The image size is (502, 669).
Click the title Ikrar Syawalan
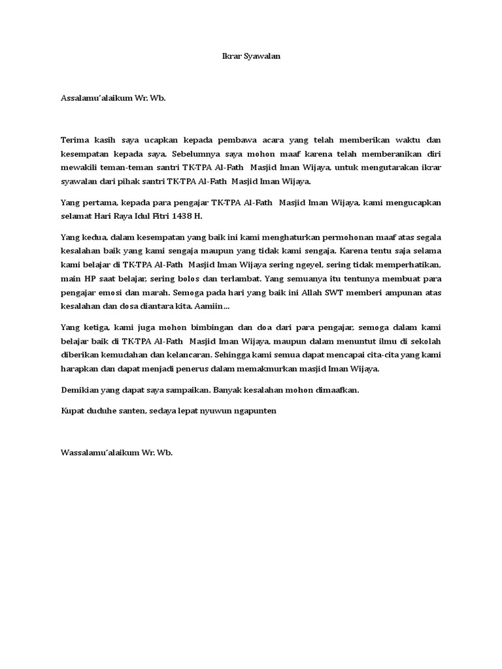coord(250,57)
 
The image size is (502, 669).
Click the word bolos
coord(199,279)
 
